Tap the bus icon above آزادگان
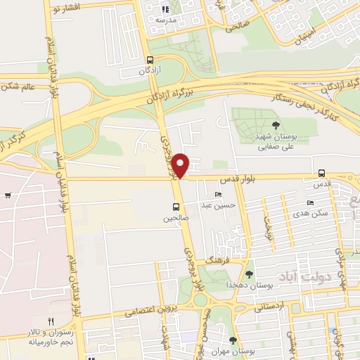[149, 60]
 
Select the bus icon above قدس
[321, 173]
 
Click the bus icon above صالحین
[175, 207]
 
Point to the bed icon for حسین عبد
[218, 194]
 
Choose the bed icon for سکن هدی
[310, 203]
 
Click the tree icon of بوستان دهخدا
[250, 274]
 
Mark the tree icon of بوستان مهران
[233, 340]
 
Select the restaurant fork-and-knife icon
[50, 321]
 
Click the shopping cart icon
[7, 195]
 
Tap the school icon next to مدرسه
[166, 9]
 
